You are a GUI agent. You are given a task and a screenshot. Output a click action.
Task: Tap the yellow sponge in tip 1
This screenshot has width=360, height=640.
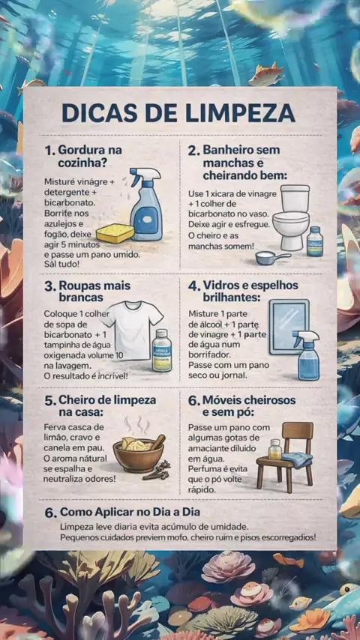click(x=115, y=233)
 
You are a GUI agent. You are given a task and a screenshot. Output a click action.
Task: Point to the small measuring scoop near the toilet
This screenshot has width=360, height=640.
click(x=272, y=258)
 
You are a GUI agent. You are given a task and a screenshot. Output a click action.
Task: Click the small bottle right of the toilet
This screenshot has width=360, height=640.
click(x=315, y=241)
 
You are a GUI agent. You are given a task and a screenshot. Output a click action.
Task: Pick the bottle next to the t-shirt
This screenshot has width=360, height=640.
click(x=162, y=350)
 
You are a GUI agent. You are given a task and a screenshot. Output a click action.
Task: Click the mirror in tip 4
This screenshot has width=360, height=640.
click(x=289, y=327)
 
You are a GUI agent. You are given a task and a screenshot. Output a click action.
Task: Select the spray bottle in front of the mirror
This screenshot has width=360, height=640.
click(x=308, y=355)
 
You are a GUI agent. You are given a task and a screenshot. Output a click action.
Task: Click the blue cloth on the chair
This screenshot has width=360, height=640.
click(x=297, y=459)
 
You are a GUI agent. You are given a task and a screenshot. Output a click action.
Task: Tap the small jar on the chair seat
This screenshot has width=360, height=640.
click(x=275, y=449)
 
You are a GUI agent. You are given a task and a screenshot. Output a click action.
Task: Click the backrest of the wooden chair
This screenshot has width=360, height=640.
click(x=298, y=432)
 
